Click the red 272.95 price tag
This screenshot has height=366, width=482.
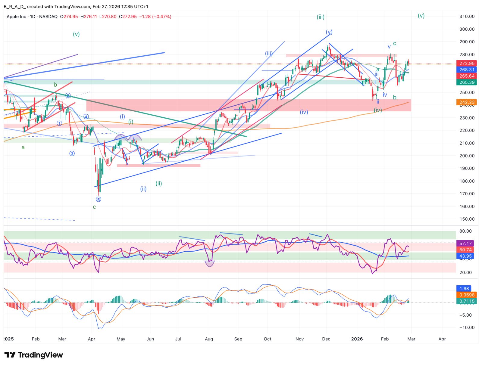[467, 64]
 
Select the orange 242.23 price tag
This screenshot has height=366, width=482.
[467, 102]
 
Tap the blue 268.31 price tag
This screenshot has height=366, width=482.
[467, 70]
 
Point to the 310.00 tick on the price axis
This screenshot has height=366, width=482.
[467, 17]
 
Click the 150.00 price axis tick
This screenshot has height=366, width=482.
[467, 219]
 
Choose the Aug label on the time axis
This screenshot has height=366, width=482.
[209, 339]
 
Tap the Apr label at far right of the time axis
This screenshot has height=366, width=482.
[442, 339]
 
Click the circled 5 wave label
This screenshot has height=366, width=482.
[99, 199]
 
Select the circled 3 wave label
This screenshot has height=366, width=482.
[72, 154]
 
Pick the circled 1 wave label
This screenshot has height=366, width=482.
[59, 123]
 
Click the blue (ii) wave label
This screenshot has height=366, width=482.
[143, 189]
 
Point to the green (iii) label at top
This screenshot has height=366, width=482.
[321, 17]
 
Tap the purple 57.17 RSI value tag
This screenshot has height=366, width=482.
[465, 243]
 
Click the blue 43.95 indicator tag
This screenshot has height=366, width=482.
[465, 256]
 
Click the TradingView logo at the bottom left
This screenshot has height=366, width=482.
[33, 355]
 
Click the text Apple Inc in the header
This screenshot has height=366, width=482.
[16, 17]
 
